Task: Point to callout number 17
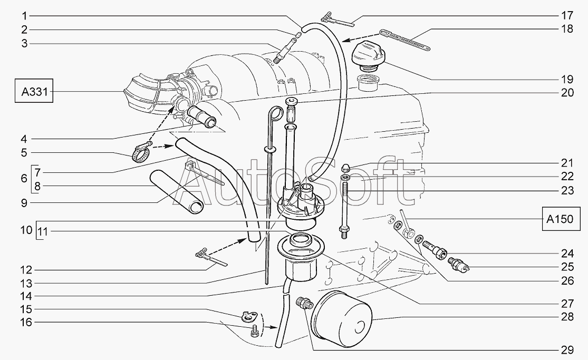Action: [x=567, y=15]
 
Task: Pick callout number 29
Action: [x=567, y=350]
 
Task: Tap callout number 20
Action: [x=567, y=93]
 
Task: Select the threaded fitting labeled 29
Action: [x=305, y=304]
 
